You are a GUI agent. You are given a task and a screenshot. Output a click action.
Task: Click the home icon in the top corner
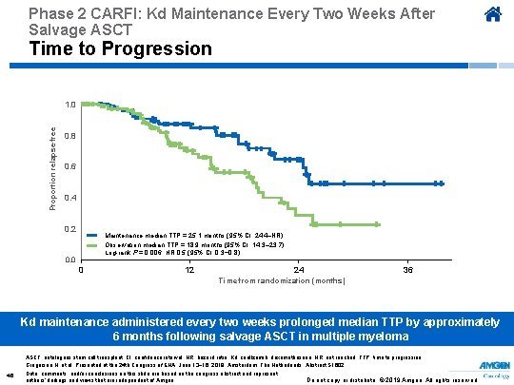492,15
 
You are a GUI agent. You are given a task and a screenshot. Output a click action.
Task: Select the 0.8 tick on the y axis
70,136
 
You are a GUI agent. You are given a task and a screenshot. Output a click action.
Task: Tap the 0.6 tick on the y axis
70,167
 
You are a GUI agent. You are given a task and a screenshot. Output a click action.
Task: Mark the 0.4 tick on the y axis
70,198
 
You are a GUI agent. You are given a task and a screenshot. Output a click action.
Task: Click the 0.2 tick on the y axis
70,229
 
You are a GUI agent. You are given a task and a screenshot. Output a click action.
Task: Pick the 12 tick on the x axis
189,270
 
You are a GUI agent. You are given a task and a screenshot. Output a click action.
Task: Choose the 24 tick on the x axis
299,270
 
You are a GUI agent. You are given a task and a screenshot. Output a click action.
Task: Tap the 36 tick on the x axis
407,270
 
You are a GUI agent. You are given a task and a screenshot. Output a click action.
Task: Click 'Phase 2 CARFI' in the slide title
68,14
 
